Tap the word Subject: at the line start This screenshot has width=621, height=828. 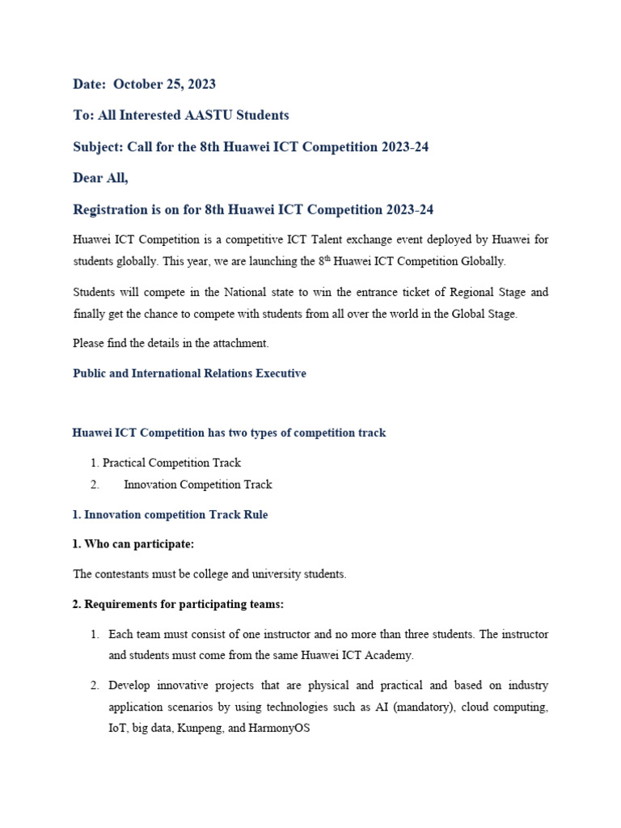click(x=98, y=147)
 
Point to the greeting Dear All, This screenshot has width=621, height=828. click(x=100, y=179)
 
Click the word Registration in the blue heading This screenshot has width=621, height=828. click(x=110, y=210)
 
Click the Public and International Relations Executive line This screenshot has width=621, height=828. click(x=189, y=374)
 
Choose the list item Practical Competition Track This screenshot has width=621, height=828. click(x=171, y=463)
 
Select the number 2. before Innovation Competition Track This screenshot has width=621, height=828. click(x=95, y=485)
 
